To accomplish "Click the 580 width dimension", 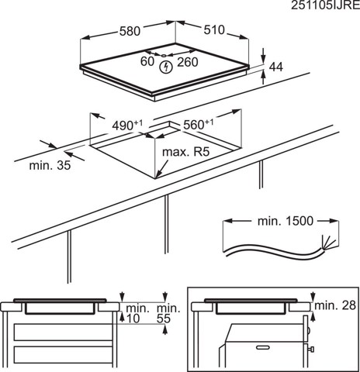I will (129, 33).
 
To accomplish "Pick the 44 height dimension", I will (274, 69).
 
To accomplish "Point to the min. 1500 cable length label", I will (285, 221).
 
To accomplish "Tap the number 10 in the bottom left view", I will (133, 319).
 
